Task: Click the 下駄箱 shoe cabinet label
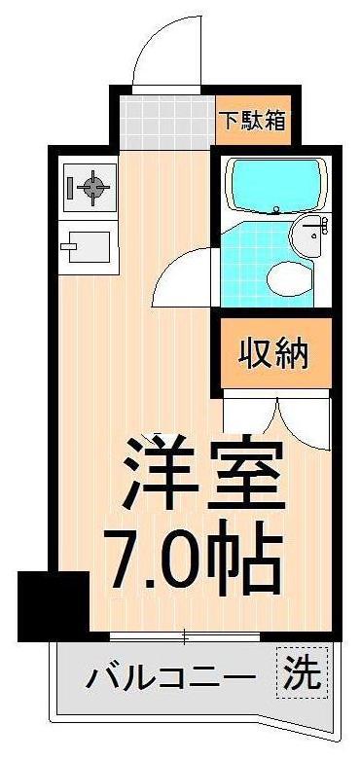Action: (x=252, y=123)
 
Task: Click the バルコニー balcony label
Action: (x=172, y=678)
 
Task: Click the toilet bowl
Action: (x=288, y=277)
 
